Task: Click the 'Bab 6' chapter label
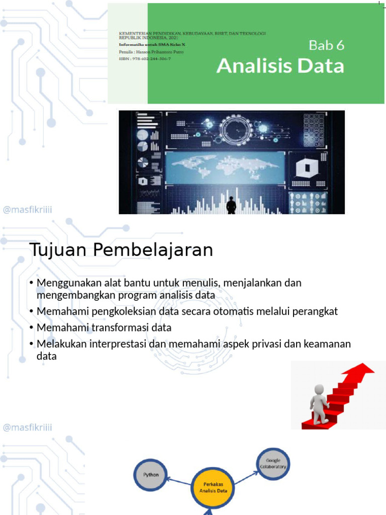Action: pos(326,45)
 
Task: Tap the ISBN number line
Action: pos(145,59)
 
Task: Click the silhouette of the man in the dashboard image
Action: pos(231,205)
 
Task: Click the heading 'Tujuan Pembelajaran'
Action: pos(121,250)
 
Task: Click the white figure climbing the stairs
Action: pos(319,402)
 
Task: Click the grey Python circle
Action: pos(151,474)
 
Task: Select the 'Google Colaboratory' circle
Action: pos(273,463)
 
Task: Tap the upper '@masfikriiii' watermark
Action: pos(27,210)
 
